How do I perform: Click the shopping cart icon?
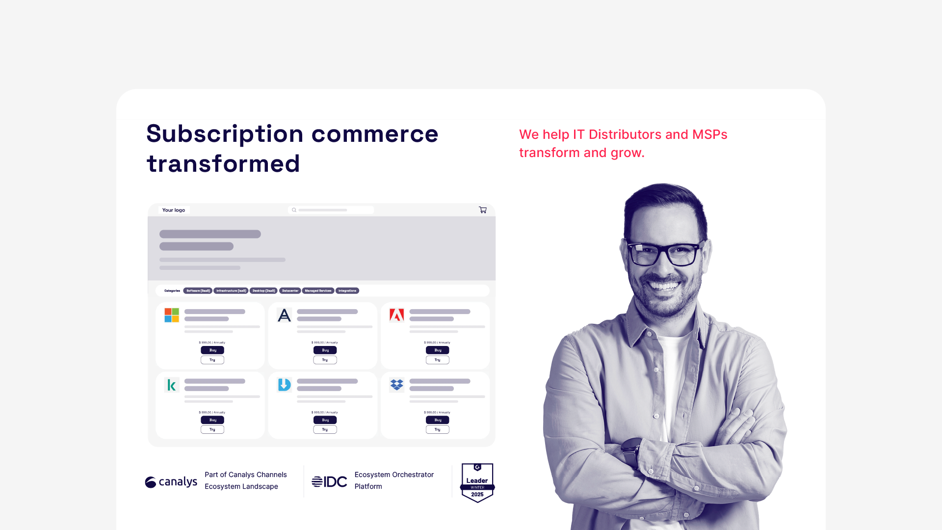pos(483,210)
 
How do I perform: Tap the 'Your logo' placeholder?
pos(174,210)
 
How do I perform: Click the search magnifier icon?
pos(294,210)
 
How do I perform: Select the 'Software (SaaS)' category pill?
pos(198,291)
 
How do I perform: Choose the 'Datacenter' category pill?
pos(290,291)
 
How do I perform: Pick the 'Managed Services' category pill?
pos(318,291)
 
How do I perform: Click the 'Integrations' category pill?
pos(347,291)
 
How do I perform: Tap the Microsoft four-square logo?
pos(172,315)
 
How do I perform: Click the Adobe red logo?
pos(396,315)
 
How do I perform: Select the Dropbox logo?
pos(396,385)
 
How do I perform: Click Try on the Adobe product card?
pos(437,360)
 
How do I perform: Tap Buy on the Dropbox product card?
pos(437,420)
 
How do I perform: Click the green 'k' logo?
pos(172,385)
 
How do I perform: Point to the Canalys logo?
pos(171,482)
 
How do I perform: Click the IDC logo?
pos(329,482)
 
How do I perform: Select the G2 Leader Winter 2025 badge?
pos(477,483)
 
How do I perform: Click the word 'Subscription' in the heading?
pos(225,134)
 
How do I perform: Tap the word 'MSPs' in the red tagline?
pos(709,134)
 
